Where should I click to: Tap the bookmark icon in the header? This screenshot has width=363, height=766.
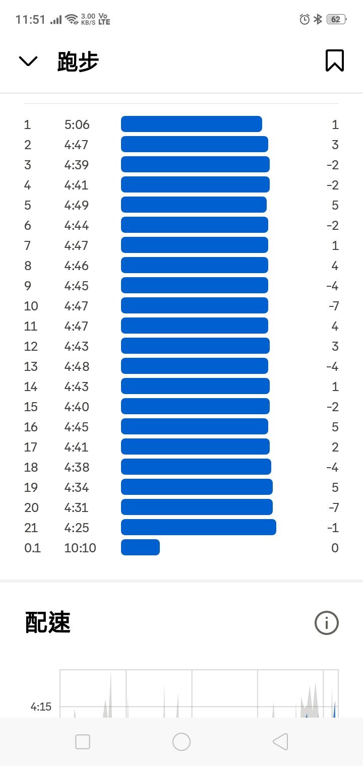coord(334,60)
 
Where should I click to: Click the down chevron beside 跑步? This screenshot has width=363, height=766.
coord(28,61)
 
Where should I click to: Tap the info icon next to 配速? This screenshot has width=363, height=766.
coord(326,623)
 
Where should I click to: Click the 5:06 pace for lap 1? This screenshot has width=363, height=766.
coord(77,124)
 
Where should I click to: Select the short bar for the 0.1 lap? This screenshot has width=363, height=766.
coord(140,547)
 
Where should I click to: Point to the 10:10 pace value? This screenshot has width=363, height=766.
coord(80,548)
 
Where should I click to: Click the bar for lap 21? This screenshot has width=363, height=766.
coord(198,527)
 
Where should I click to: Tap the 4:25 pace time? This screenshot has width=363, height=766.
coord(77,528)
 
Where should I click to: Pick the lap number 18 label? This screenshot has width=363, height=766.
coord(31,467)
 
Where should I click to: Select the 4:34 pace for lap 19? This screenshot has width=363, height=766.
coord(77,487)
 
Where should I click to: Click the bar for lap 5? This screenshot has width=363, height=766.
coord(194,205)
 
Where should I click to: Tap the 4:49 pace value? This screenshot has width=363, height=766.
coord(77,205)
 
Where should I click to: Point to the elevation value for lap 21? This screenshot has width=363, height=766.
coord(333,528)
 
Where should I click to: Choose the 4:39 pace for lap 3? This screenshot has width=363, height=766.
coord(77,165)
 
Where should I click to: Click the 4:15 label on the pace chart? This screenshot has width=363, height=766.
coord(41,707)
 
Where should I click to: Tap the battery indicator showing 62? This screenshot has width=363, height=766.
coord(336,19)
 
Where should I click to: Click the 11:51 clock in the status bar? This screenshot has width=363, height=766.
coord(30,20)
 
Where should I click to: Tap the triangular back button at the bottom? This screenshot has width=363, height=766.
coord(280,741)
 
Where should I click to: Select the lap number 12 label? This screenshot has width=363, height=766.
coord(31,346)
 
